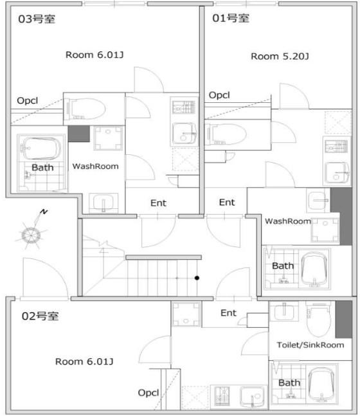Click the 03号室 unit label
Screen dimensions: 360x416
point(37,19)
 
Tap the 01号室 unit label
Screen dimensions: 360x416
point(231,18)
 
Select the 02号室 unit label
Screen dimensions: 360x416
point(40,316)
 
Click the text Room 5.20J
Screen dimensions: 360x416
point(280,56)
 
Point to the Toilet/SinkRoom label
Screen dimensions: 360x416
point(310,345)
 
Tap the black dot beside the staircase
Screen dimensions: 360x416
point(197,278)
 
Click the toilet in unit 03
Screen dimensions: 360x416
point(86,109)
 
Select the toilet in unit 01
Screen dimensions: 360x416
point(227,134)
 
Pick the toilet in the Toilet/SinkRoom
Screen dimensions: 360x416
point(318,319)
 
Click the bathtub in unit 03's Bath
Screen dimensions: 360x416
point(40,149)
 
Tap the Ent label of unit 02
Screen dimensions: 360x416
point(228,312)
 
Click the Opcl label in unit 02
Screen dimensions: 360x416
point(148,393)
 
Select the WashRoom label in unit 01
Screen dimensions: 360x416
point(288,221)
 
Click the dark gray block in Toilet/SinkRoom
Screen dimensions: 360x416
point(344,319)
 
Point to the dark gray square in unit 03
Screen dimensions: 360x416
point(79,134)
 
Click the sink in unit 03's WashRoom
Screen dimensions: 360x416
point(104,203)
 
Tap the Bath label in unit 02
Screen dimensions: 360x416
point(289,383)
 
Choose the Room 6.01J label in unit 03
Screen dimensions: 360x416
point(94,55)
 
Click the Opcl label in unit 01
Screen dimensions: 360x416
point(219,95)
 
